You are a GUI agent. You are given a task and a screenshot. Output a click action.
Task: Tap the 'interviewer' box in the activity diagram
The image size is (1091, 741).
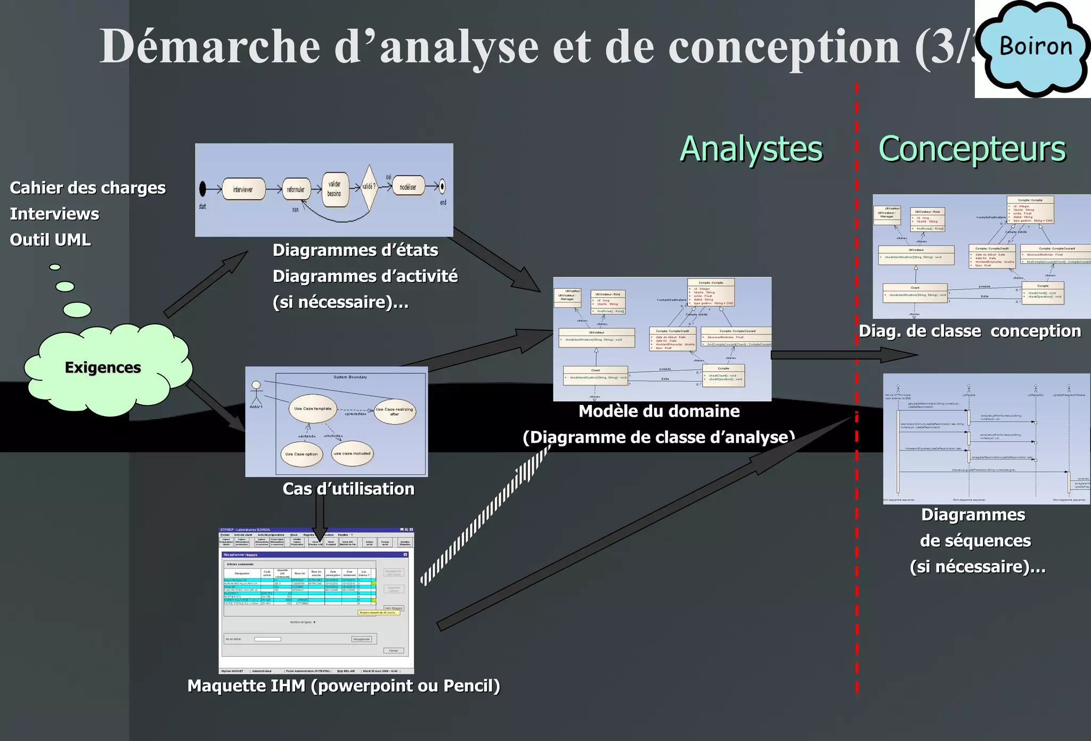[243, 189]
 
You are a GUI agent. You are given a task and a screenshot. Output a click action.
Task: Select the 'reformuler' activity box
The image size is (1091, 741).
[296, 189]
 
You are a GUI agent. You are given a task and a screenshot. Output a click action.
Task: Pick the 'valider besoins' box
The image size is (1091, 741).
[335, 189]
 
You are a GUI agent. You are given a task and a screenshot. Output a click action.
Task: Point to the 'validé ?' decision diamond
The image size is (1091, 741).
[369, 187]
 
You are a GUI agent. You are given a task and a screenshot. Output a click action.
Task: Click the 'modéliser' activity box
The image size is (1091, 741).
[408, 186]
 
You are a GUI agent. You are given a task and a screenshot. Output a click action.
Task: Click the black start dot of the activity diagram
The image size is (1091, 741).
[202, 188]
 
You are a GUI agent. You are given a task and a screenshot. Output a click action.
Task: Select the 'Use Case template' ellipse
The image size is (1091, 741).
[313, 409]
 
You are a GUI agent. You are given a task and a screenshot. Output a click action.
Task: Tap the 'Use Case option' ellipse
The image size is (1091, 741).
[301, 454]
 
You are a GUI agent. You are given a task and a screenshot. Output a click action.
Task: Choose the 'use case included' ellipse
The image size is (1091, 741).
[352, 453]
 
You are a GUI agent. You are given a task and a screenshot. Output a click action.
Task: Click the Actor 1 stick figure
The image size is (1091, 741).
[256, 393]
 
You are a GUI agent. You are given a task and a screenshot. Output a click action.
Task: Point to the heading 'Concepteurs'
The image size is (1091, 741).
[972, 150]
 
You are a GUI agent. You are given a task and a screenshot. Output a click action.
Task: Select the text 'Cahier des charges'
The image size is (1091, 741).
[88, 188]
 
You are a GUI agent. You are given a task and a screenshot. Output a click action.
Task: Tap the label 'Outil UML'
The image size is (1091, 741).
[50, 240]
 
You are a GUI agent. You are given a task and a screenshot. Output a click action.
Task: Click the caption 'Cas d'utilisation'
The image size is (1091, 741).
[348, 489]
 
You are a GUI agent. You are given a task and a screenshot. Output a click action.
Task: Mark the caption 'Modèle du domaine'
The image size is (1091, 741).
[659, 411]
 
